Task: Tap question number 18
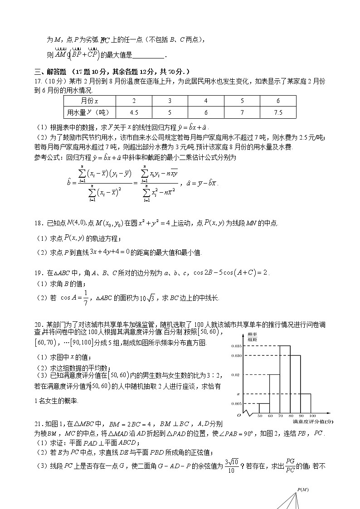(x=38, y=223)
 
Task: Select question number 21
(x=38, y=424)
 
